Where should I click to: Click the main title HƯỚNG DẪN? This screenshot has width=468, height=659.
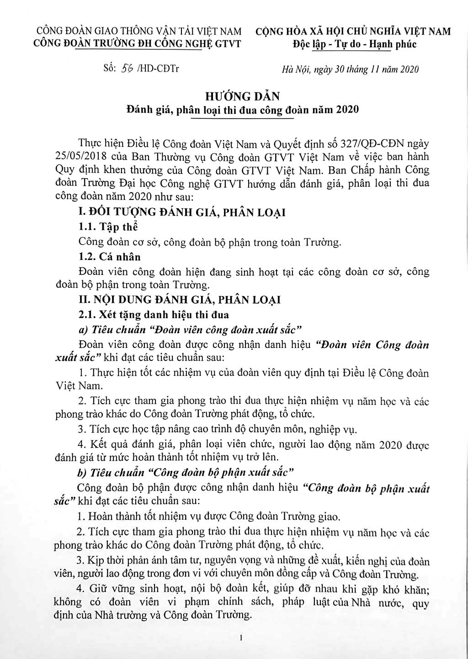point(242,96)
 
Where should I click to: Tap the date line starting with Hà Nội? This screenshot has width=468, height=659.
point(350,69)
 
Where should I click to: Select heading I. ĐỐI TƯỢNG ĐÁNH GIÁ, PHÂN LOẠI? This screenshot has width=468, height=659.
point(182,212)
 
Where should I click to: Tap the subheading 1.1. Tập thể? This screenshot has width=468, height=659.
point(108,227)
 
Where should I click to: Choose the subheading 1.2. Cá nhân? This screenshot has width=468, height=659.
point(110,257)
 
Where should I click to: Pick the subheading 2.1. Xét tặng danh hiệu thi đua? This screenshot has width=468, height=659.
point(154,314)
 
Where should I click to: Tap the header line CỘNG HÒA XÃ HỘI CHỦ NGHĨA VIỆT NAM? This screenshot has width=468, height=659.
point(352,32)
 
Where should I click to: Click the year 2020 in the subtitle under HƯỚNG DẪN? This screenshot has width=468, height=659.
point(347,110)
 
